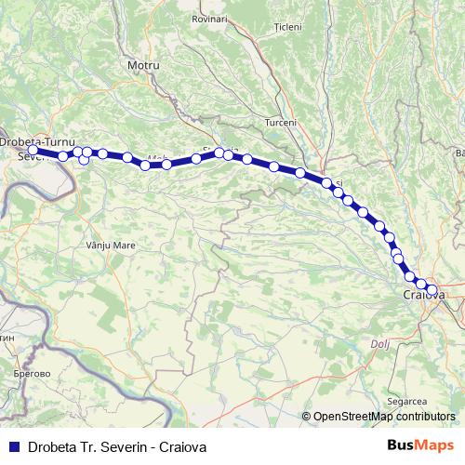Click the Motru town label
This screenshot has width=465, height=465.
tap(143, 66)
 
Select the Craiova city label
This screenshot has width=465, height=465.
tap(423, 295)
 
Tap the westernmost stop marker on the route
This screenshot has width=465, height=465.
tap(33, 150)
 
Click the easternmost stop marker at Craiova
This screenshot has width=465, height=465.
tap(432, 289)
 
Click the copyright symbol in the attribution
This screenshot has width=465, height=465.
tap(306, 417)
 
